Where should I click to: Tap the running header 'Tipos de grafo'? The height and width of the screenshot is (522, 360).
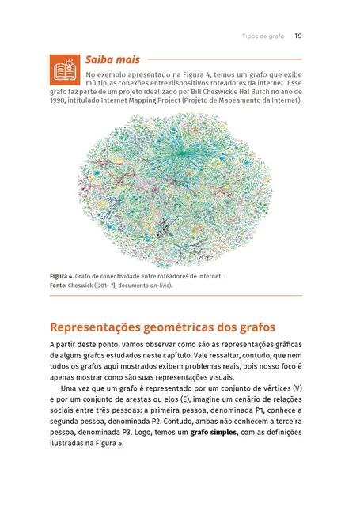coord(263,36)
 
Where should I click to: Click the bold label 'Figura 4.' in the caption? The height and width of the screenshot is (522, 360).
coord(64,276)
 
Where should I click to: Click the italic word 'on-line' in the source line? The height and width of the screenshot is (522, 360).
coord(159,286)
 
